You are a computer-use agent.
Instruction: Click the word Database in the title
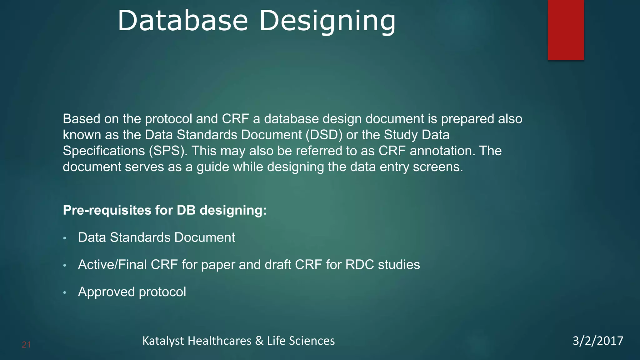click(x=183, y=21)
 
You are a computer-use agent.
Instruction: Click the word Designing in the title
click(x=327, y=21)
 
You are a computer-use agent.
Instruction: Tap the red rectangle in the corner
click(x=566, y=30)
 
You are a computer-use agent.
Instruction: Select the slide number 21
click(x=26, y=345)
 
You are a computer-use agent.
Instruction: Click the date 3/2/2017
click(x=597, y=341)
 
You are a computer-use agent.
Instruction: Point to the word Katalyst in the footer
click(x=163, y=341)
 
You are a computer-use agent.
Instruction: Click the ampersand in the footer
click(x=259, y=341)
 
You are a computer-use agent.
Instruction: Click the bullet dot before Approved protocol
click(x=65, y=293)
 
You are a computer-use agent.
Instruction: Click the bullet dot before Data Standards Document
click(x=65, y=238)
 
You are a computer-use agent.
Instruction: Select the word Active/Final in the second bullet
click(x=112, y=265)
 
